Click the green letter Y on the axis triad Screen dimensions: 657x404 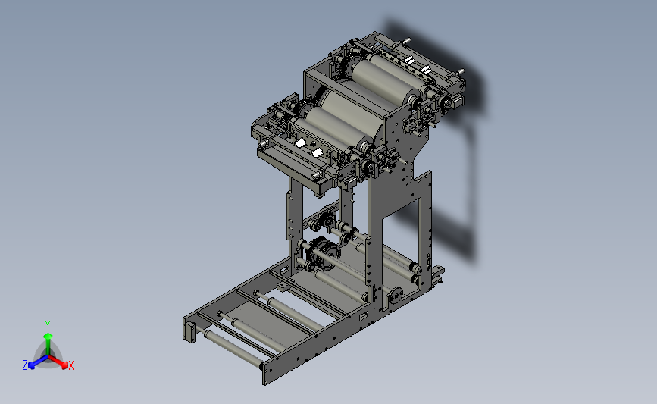pyautogui.click(x=47, y=325)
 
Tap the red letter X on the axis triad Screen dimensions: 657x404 pyautogui.click(x=70, y=365)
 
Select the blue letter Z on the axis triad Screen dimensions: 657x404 pyautogui.click(x=25, y=365)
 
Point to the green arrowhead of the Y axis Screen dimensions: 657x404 pyautogui.click(x=48, y=336)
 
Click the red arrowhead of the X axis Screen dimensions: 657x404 pyautogui.click(x=64, y=365)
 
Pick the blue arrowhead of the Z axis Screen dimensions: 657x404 pyautogui.click(x=31, y=365)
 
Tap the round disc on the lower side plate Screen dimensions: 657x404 pyautogui.click(x=395, y=295)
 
